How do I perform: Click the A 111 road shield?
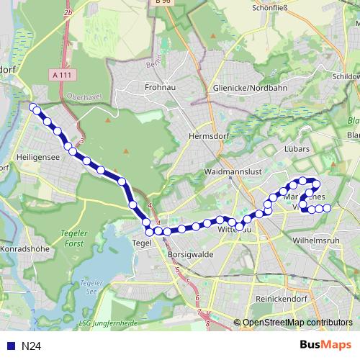pos(63,74)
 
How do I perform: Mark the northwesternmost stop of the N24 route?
pos(32,107)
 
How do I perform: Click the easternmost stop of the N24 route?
pos(327,208)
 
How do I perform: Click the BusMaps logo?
pos(326,345)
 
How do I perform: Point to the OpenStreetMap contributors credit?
pos(297,323)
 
